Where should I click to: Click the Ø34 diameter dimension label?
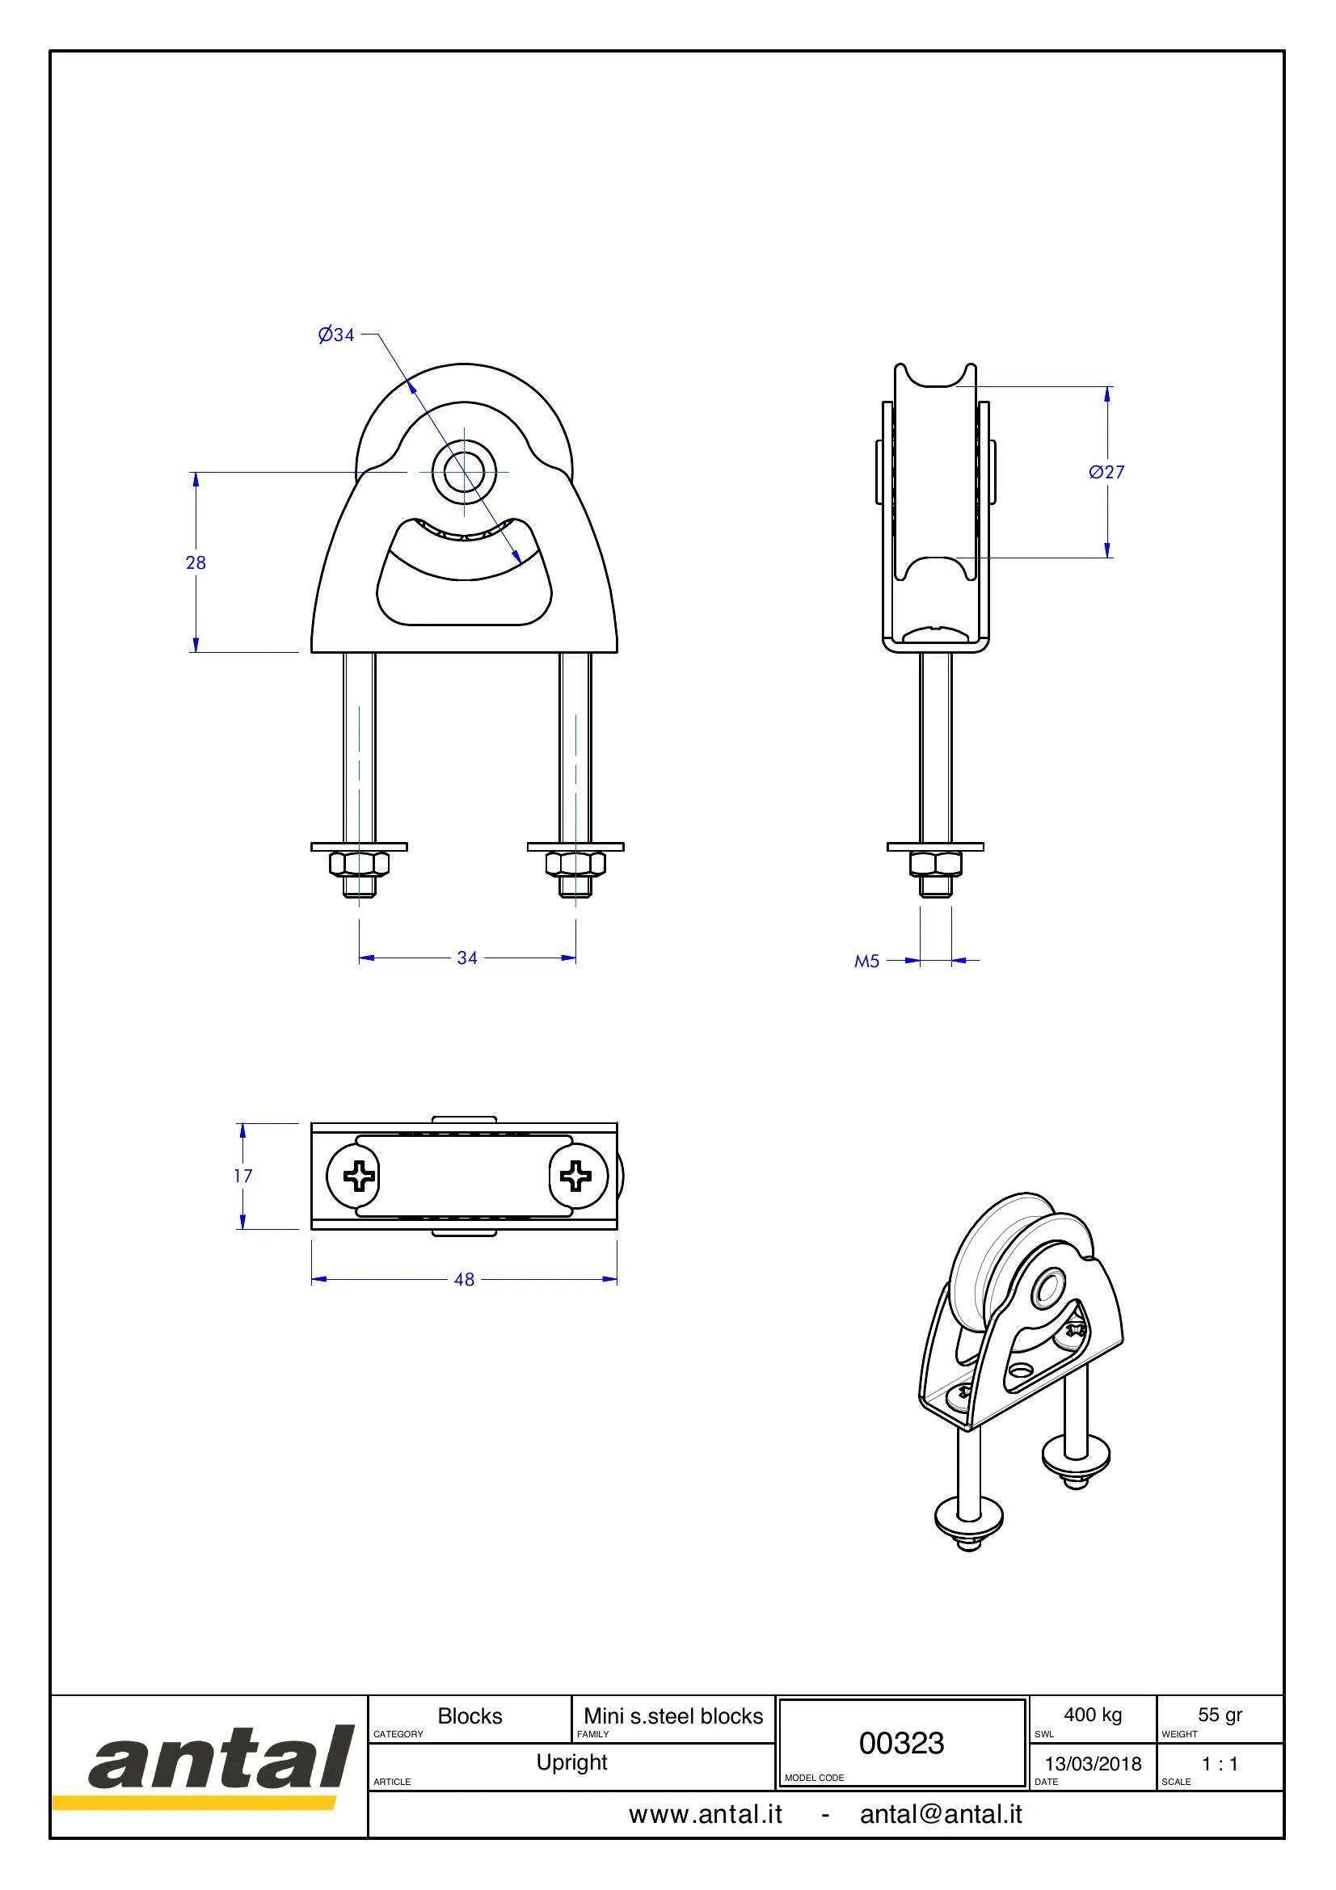336,335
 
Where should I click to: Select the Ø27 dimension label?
1106,472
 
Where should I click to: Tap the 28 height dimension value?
196,562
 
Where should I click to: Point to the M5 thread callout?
866,961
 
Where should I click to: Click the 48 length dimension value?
464,1279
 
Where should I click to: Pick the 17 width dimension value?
242,1176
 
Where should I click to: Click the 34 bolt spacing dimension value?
467,958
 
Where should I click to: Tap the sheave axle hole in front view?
464,473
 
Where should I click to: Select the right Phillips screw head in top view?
575,1176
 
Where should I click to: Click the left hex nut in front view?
359,864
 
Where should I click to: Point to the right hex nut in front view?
575,864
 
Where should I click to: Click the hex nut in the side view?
936,864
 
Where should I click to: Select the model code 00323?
901,1743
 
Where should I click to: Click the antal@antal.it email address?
941,1814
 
